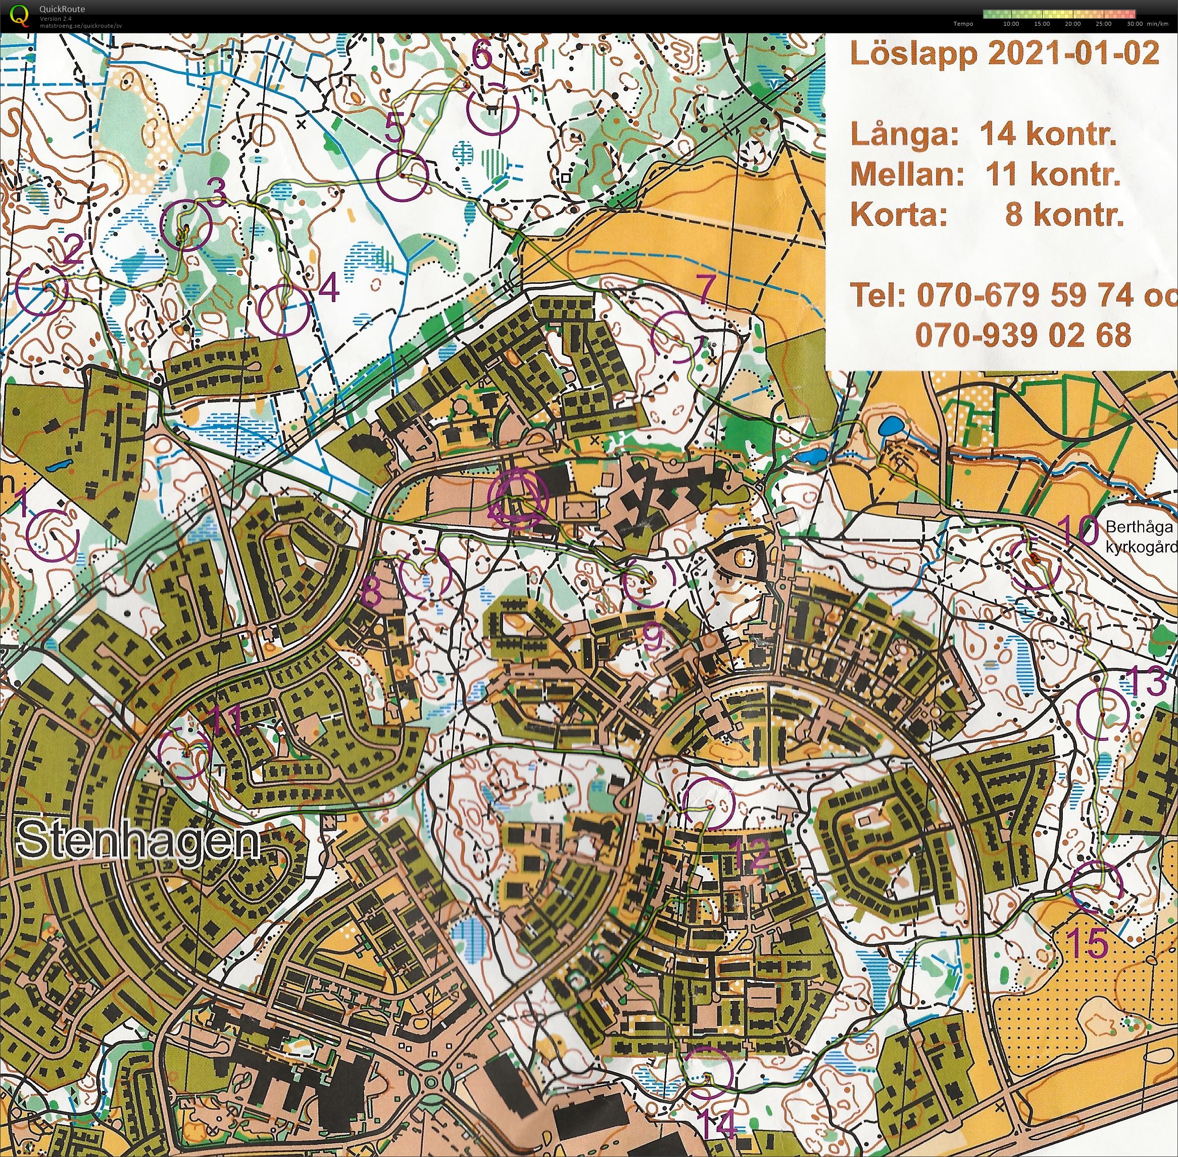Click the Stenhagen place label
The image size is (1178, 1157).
point(138,842)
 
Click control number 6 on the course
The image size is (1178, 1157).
point(482,56)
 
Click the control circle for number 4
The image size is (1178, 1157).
point(284,311)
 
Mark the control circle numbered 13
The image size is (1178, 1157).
point(1102,714)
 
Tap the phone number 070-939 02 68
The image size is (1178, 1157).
point(1023,335)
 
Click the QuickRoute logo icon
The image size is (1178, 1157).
point(20,15)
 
